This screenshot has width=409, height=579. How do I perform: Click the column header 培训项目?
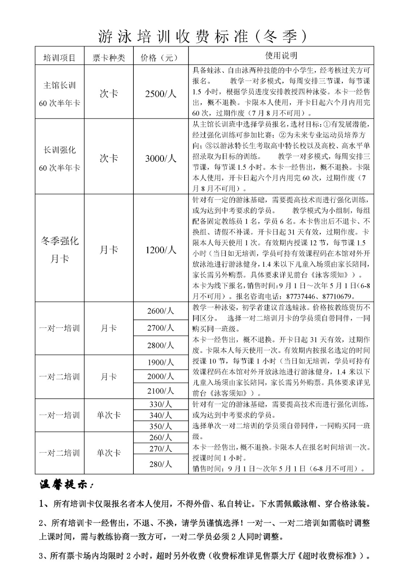59,58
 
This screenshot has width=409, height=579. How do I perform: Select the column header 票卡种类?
108,58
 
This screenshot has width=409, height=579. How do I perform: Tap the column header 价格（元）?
161,58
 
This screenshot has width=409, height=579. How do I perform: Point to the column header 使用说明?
281,55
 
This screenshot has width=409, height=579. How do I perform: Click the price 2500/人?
161,94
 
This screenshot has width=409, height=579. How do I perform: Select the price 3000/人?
161,159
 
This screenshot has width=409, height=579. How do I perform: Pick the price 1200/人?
161,250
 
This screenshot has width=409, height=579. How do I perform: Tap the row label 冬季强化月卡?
59,250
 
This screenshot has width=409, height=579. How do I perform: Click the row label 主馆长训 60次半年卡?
59,94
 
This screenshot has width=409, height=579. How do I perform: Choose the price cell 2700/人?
161,328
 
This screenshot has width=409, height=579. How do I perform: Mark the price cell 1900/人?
161,362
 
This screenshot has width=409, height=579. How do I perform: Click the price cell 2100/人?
161,391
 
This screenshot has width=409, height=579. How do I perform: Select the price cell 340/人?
161,415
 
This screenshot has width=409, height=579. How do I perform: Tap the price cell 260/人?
161,438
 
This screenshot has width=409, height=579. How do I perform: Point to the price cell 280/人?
161,464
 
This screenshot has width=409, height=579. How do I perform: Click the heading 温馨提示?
67,485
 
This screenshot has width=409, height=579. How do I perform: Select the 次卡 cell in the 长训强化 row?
108,159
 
